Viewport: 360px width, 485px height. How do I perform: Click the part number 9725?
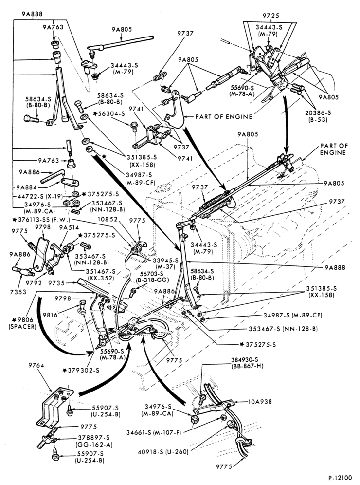pyautogui.click(x=270, y=16)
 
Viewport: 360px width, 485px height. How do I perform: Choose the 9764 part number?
pyautogui.click(x=36, y=365)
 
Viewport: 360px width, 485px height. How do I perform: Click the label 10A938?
pyautogui.click(x=260, y=401)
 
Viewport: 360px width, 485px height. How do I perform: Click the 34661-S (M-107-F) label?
pyautogui.click(x=153, y=433)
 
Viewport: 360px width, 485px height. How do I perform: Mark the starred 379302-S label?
pyautogui.click(x=81, y=370)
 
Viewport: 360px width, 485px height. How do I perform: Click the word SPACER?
pyautogui.click(x=22, y=326)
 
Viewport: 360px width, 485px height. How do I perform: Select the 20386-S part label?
pyautogui.click(x=318, y=113)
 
